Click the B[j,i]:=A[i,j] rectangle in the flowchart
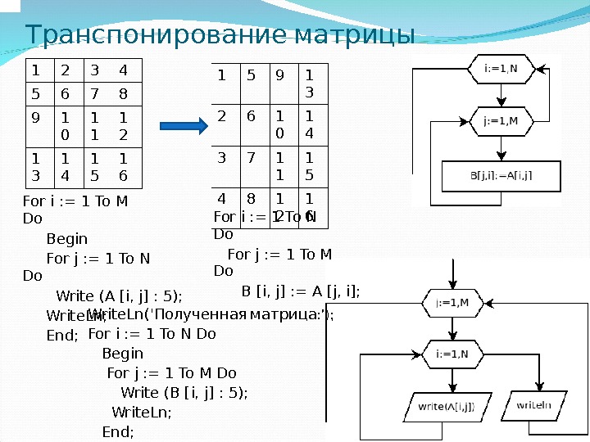click(501, 174)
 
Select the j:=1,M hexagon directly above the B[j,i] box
click(500, 121)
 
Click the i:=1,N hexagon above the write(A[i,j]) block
click(452, 354)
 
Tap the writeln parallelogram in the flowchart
click(533, 405)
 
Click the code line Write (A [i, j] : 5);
click(119, 295)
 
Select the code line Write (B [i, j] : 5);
click(184, 392)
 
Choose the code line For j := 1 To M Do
click(172, 372)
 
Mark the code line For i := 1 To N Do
click(152, 334)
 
